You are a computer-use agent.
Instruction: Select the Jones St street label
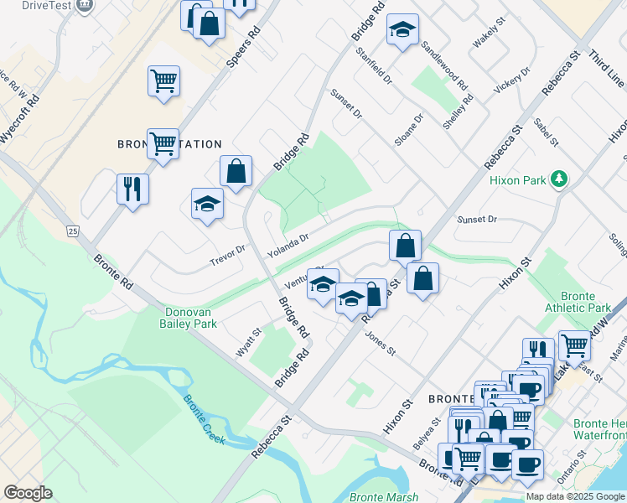[x=380, y=343]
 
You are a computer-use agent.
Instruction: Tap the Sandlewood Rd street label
[x=444, y=66]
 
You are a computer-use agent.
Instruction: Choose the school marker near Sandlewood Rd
[x=402, y=31]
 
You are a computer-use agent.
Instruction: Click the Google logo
[x=28, y=493]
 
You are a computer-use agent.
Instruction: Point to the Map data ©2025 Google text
[x=575, y=496]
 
